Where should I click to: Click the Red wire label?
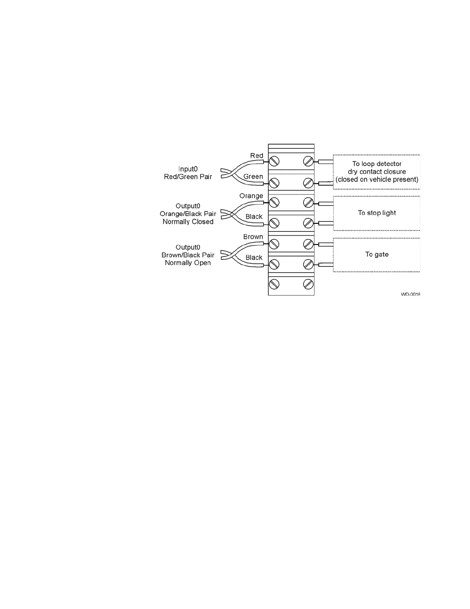coord(257,156)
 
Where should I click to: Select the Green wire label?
coord(253,176)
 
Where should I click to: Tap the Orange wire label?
coord(251,196)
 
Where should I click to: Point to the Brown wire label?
coord(253,237)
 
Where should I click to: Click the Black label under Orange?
coord(254,216)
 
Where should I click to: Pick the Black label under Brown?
coord(254,258)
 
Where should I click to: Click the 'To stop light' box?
coord(377,213)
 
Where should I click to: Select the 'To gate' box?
coord(377,255)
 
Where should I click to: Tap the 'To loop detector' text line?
coord(377,164)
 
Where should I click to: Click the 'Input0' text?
coord(188,169)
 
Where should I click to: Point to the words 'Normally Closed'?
coord(188,222)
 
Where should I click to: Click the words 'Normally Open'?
coord(188,263)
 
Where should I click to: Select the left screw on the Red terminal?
coord(274,161)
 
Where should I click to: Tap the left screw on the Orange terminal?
coord(274,202)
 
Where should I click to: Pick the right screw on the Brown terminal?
coord(308,244)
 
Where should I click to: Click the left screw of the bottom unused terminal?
coord(274,285)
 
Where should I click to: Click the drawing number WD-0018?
coord(410,295)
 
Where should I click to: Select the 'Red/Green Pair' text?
coord(188,177)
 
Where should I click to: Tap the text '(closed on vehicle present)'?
coord(377,180)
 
